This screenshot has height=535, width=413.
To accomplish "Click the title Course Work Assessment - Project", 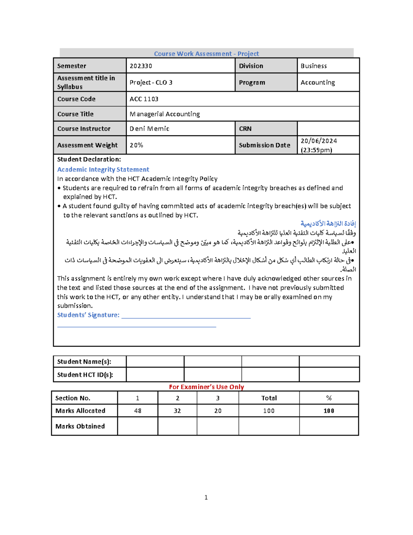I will click(x=206, y=54).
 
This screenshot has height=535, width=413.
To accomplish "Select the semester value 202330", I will click(x=141, y=66).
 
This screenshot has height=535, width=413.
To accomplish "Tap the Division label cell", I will click(x=251, y=66).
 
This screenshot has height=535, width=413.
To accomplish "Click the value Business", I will click(x=314, y=66).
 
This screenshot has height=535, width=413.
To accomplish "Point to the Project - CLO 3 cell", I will click(x=151, y=82).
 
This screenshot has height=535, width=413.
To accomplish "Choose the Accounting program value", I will click(x=317, y=82).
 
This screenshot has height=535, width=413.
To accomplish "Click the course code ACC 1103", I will click(x=144, y=99).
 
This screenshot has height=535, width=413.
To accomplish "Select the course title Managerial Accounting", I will click(x=165, y=114).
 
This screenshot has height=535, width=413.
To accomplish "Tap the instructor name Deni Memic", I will click(x=149, y=128).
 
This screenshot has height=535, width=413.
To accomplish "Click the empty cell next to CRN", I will click(x=328, y=128).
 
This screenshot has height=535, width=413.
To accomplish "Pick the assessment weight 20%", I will click(x=136, y=145).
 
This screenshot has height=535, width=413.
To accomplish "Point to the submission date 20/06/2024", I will click(x=319, y=141).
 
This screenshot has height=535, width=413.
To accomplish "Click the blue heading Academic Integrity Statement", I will click(x=103, y=169).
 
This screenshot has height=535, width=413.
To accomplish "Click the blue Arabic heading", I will click(x=328, y=224).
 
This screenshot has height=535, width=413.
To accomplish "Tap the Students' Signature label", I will click(x=88, y=315).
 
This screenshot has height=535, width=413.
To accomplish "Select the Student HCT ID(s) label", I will click(x=85, y=375).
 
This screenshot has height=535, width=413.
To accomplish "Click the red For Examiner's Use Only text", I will click(x=206, y=387).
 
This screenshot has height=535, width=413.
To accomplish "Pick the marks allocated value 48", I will click(x=138, y=411).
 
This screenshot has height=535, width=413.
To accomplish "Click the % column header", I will click(x=329, y=398).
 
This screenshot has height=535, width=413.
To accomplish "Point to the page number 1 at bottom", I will click(x=206, y=497).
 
